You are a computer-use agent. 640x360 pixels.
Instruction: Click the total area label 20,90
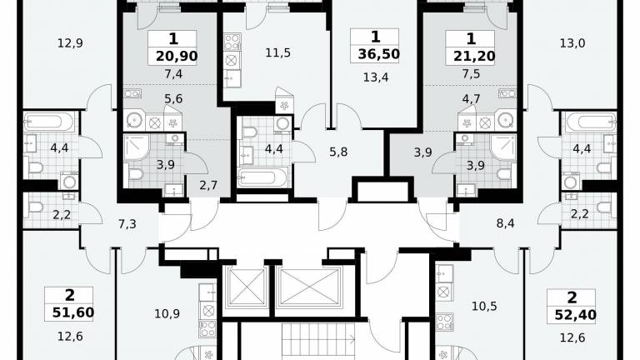177,56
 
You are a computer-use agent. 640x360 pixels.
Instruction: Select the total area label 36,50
378,54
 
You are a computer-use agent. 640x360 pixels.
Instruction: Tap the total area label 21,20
474,56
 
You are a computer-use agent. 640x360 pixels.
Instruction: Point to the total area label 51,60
73,312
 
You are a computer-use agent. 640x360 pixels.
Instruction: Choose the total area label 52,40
576,315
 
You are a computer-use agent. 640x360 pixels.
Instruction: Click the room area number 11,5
278,52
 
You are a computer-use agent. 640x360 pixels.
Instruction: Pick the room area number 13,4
376,77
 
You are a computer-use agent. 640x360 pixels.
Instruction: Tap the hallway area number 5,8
338,152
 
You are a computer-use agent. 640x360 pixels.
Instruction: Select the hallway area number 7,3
127,223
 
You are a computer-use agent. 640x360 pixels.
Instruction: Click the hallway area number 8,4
505,223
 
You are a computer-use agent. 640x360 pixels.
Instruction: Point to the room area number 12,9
70,42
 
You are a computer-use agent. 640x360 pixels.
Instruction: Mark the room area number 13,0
572,42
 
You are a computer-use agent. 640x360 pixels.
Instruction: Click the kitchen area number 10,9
167,314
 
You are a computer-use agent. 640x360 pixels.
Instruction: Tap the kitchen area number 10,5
484,306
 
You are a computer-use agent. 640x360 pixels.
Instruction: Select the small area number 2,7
208,186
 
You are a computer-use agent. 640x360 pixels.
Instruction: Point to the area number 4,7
471,99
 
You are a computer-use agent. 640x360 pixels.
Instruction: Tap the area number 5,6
173,99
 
